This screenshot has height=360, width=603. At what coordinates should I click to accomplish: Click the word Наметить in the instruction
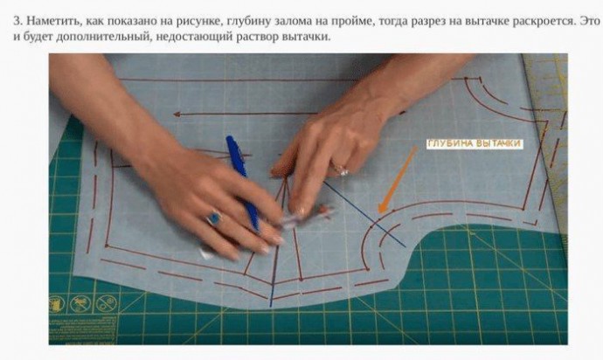[x=53, y=21]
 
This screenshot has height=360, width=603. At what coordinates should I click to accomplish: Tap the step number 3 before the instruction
[x=17, y=21]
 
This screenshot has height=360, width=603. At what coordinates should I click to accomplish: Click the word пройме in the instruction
[x=354, y=21]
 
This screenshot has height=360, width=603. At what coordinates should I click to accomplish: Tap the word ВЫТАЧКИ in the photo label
[x=498, y=144]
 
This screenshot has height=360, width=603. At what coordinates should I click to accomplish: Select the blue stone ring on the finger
[x=214, y=218]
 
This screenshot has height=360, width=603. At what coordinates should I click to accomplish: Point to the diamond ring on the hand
[x=342, y=170]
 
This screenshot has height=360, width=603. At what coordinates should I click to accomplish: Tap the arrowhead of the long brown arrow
[x=177, y=114]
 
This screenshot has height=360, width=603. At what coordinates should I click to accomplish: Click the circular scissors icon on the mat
[x=80, y=304]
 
